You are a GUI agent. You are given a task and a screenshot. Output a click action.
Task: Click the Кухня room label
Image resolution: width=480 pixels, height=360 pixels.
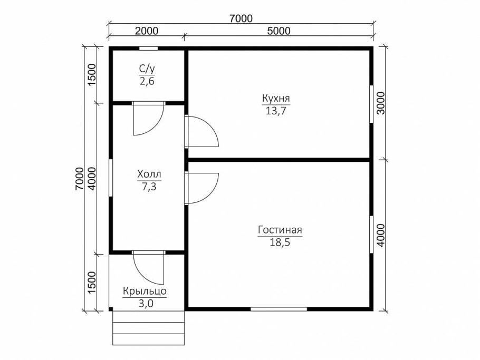(x=276, y=99)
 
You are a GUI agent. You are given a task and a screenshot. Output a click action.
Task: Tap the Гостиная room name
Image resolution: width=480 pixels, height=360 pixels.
(x=280, y=230)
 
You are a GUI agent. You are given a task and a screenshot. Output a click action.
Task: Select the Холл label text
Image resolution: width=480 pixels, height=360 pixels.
(x=149, y=174)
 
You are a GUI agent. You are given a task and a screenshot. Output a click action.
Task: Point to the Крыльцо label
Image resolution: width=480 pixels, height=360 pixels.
(x=145, y=291)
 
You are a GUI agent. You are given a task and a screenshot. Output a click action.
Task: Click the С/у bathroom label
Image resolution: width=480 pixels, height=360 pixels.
(x=147, y=70)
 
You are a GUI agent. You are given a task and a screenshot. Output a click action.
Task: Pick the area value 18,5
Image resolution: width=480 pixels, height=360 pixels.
(x=280, y=242)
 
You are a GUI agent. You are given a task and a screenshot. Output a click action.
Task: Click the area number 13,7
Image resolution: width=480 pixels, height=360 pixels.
(x=276, y=111)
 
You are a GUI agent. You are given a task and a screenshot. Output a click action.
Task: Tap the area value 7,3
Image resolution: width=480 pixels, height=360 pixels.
(x=149, y=187)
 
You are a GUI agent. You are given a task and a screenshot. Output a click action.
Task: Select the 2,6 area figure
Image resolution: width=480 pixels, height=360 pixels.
(x=147, y=82)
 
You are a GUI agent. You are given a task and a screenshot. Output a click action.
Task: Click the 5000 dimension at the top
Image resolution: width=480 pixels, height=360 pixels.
(x=279, y=31)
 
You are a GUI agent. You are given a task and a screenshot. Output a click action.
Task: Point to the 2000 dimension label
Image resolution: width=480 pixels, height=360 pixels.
(x=147, y=31)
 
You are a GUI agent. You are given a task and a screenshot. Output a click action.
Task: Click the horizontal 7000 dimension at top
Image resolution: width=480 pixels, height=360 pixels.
(x=241, y=18)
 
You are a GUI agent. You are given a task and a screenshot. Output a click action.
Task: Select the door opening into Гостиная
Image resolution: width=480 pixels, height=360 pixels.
(x=201, y=188)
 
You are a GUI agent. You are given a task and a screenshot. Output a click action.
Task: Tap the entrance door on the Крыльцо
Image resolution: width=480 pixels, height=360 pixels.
(x=149, y=268)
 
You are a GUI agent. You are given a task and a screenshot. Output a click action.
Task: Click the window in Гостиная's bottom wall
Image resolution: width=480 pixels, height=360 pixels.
(x=279, y=309)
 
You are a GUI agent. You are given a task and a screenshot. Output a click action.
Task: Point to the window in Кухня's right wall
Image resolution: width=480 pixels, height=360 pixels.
(x=371, y=104)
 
